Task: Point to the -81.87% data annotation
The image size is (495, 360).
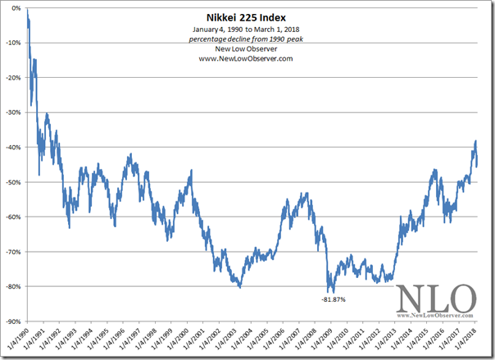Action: point(334,299)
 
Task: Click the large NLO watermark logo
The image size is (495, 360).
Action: point(435,298)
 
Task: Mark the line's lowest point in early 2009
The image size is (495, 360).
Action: point(329,292)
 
